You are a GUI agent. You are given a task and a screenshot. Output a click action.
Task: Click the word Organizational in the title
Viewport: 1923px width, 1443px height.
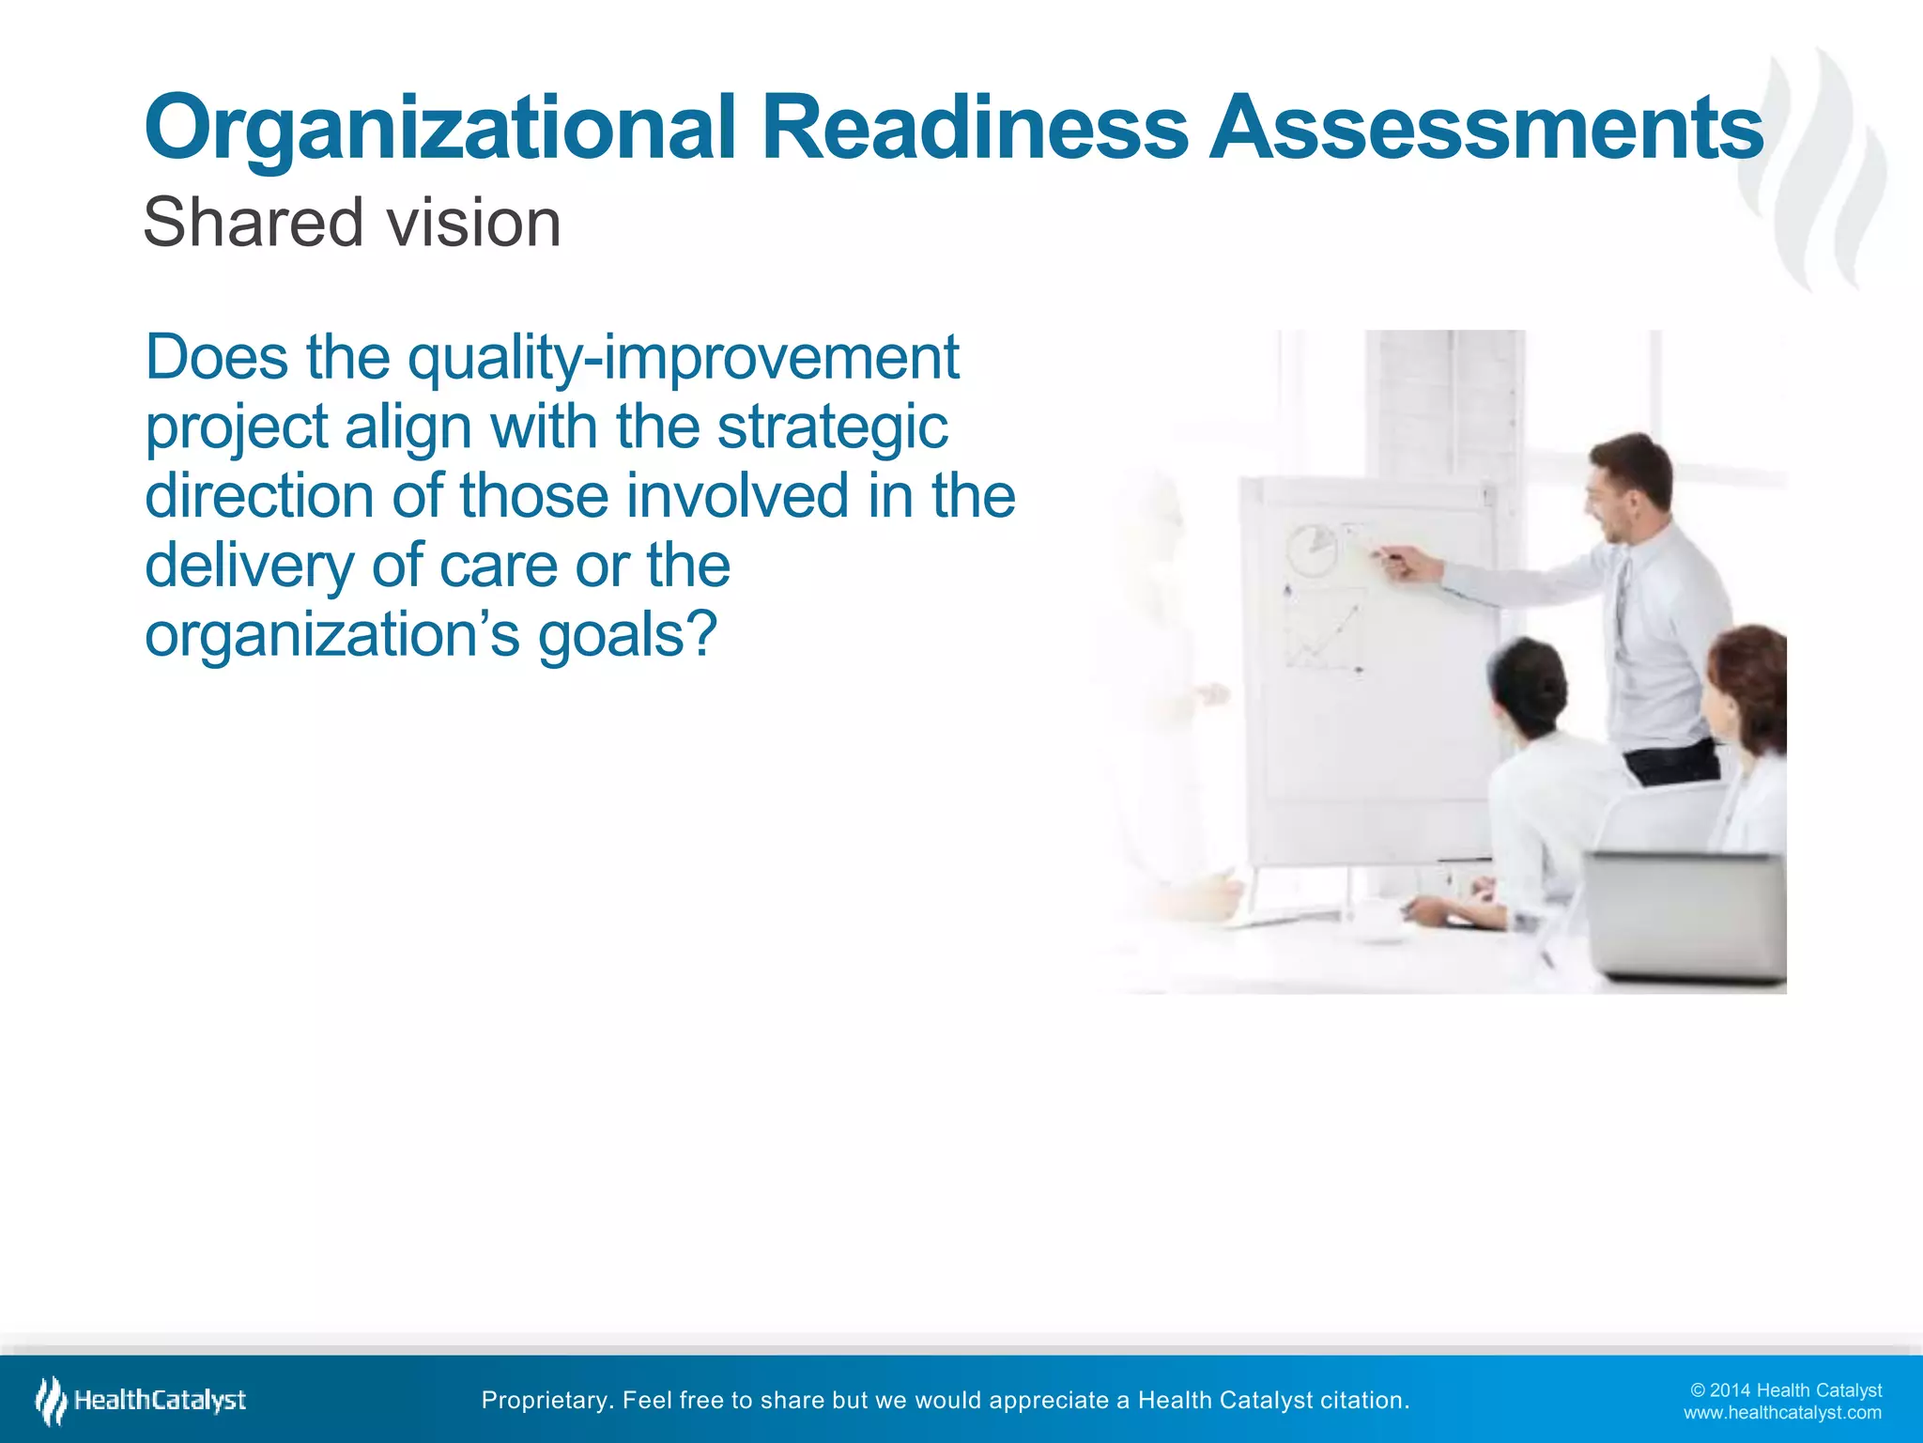[439, 130]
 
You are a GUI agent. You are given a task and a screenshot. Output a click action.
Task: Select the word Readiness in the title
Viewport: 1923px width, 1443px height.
[974, 128]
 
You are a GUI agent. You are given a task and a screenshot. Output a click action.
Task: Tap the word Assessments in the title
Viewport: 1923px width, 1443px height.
[1485, 128]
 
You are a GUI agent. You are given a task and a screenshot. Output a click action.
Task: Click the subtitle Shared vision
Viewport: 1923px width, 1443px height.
[352, 224]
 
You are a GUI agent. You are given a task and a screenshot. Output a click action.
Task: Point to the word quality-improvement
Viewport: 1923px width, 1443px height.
[683, 359]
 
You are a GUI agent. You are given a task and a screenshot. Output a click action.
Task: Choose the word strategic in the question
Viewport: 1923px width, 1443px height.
[832, 427]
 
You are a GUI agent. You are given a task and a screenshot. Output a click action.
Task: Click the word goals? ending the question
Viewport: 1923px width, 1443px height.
[627, 635]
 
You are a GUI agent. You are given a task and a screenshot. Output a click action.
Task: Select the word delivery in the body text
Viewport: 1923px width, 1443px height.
[249, 566]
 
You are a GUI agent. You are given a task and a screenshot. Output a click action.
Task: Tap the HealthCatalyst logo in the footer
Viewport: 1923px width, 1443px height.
[141, 1400]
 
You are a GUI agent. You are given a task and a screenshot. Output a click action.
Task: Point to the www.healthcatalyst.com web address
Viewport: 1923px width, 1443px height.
[1781, 1413]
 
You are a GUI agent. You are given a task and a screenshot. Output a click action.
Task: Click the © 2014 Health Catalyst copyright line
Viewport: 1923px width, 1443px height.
[1785, 1390]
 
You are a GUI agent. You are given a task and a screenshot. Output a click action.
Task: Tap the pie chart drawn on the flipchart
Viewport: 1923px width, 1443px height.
[1312, 550]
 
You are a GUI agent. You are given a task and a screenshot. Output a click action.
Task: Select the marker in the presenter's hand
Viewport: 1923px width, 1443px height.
[1389, 560]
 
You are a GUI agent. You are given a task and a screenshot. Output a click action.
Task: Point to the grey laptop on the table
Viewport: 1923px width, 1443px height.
[1685, 916]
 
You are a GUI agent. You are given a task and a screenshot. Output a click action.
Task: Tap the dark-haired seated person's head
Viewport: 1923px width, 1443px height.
[1529, 686]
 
